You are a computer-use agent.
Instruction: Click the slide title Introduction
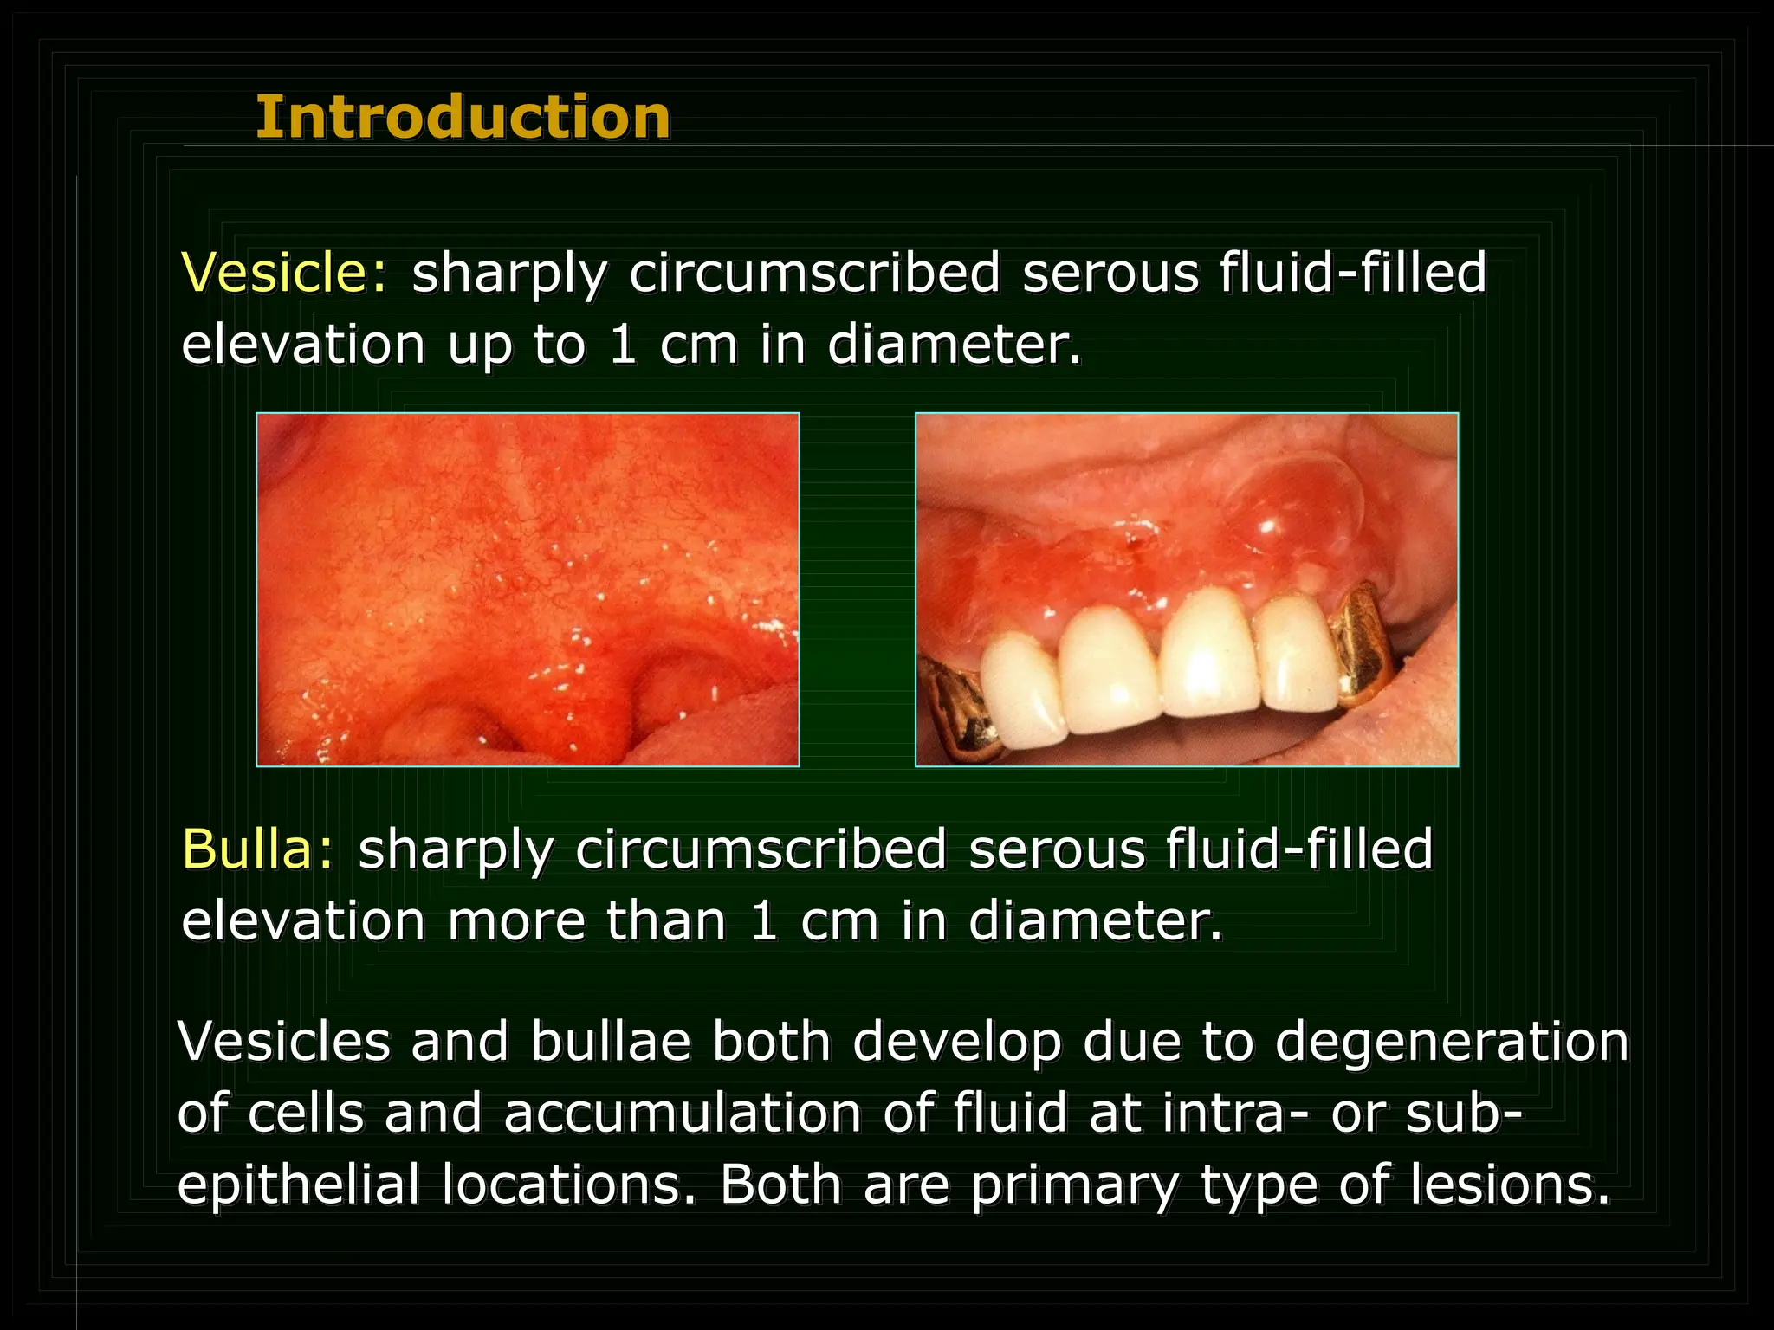[x=463, y=118]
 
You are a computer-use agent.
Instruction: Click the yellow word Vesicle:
[x=285, y=273]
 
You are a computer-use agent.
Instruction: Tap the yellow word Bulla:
[x=257, y=849]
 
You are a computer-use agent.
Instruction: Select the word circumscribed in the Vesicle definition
[x=814, y=273]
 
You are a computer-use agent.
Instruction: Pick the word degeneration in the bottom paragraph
[x=1452, y=1042]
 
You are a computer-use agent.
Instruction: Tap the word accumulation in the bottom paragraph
[x=683, y=1114]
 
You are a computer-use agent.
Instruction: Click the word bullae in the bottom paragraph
[x=611, y=1042]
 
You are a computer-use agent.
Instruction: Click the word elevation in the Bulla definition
[x=303, y=920]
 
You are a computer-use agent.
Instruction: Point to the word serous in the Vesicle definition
[x=1110, y=273]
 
